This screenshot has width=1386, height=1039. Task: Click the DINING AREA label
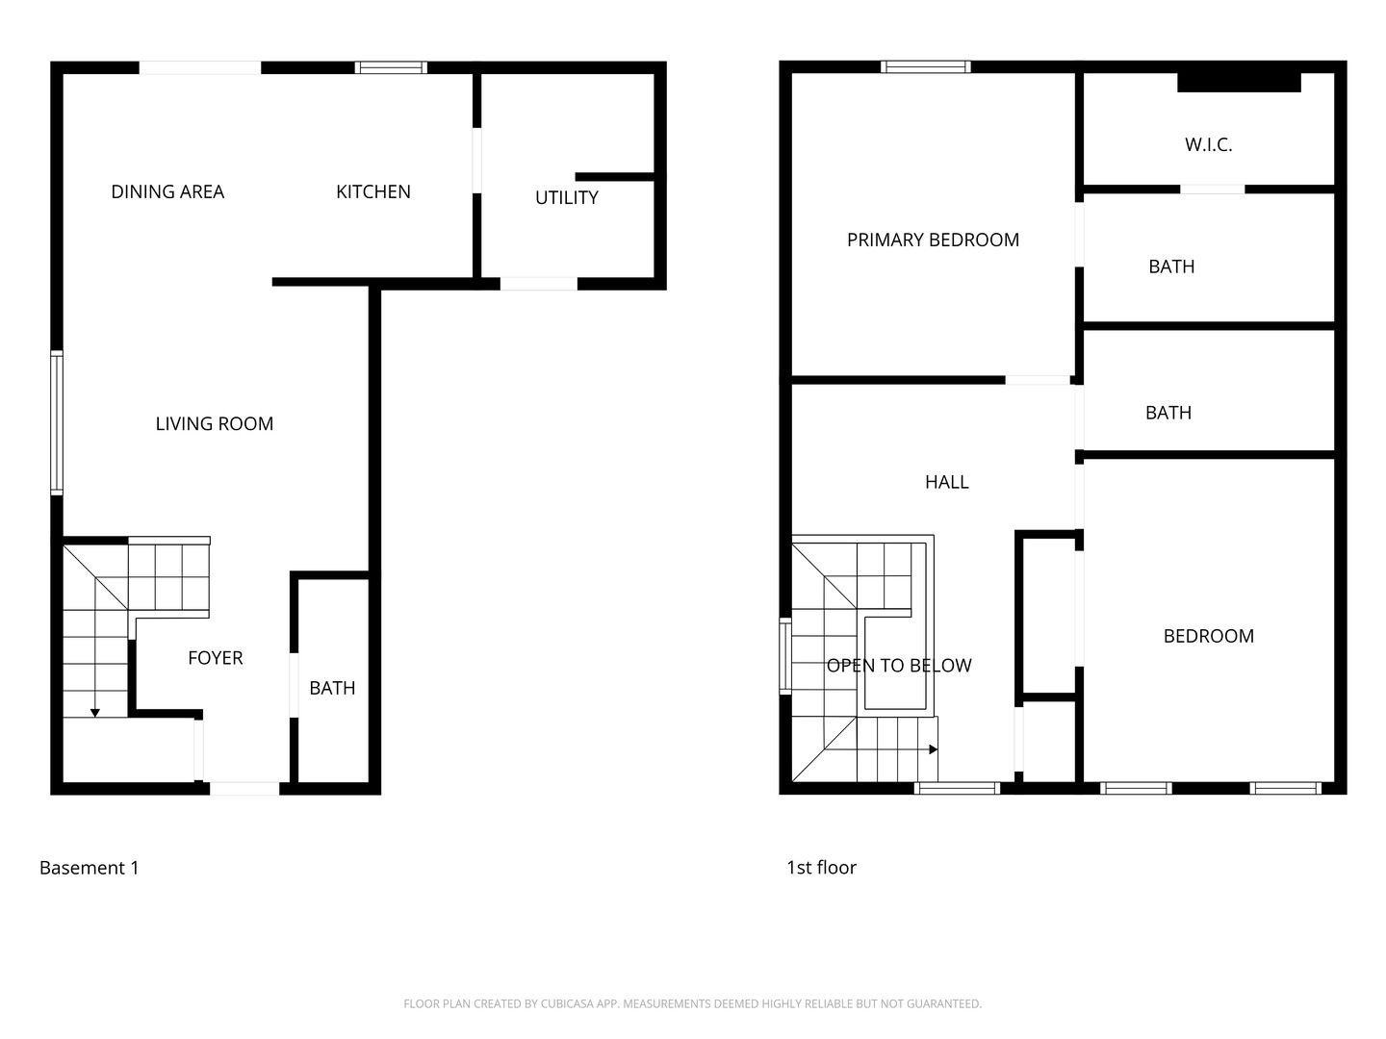click(x=167, y=191)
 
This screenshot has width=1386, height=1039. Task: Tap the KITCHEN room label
click(x=373, y=191)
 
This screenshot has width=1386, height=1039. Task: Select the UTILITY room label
click(x=566, y=197)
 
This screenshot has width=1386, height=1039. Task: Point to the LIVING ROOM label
click(x=215, y=423)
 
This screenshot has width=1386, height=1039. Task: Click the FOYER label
click(x=215, y=658)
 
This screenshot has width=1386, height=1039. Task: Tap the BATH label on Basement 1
click(x=332, y=688)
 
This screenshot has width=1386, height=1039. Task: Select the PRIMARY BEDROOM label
click(x=933, y=240)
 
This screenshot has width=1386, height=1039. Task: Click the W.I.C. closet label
click(x=1208, y=144)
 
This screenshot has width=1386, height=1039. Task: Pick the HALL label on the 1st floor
click(x=946, y=482)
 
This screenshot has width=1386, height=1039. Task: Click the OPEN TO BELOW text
click(x=899, y=666)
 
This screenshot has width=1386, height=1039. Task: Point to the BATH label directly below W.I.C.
click(x=1171, y=266)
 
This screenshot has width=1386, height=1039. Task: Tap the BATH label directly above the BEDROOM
click(x=1168, y=413)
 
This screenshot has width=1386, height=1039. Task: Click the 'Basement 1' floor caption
click(x=90, y=868)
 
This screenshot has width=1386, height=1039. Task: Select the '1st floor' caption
click(x=821, y=868)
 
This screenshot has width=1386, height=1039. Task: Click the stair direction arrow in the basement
click(x=95, y=712)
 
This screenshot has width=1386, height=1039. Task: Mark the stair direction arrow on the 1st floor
click(x=932, y=749)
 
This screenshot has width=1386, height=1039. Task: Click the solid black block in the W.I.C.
click(x=1239, y=82)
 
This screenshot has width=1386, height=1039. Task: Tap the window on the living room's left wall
click(x=57, y=423)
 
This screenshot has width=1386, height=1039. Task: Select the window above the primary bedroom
click(x=925, y=66)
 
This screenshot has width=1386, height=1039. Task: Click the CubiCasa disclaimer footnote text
click(x=692, y=1003)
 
